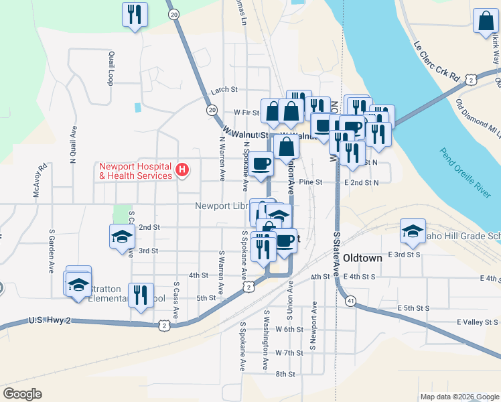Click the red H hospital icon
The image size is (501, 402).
pos(181,170)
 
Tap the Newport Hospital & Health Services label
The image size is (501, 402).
pos(135,171)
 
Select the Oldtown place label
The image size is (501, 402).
pos(362,258)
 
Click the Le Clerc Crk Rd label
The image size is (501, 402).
pos(436,62)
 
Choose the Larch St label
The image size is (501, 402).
pos(224,89)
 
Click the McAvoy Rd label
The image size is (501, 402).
pos(39,180)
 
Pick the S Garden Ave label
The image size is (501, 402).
pos(51,251)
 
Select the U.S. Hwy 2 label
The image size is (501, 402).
pos(50,321)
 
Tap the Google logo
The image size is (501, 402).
pos(22,394)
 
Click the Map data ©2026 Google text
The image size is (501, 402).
pos(459,397)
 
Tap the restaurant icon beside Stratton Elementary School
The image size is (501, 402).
pos(140,293)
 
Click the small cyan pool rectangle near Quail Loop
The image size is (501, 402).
pos(138,107)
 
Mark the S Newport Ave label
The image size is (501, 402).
pos(312,330)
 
